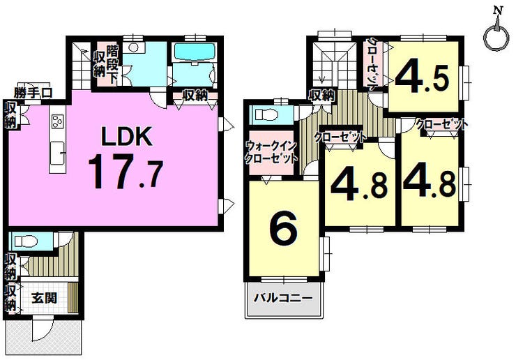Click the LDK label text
[x=126, y=136]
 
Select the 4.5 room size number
[x=422, y=79]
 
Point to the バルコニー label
[x=282, y=299]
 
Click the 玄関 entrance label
[x=44, y=298]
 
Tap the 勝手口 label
[x=33, y=93]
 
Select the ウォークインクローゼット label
[x=272, y=152]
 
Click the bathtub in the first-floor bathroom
[x=194, y=52]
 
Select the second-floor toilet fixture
[x=268, y=115]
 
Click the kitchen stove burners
[x=57, y=121]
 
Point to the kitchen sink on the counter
[x=57, y=153]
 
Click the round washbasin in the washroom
[x=133, y=48]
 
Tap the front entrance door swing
[x=43, y=329]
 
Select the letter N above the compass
[x=498, y=11]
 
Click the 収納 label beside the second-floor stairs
[x=322, y=96]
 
